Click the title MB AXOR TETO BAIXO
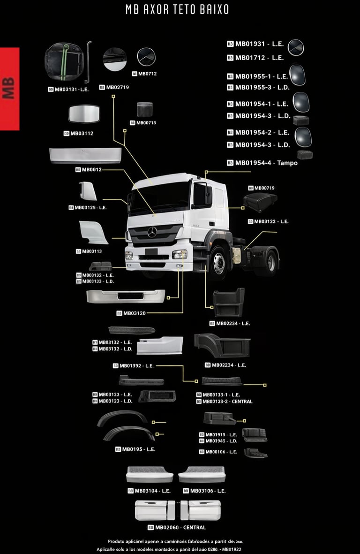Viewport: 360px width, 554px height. click(x=177, y=10)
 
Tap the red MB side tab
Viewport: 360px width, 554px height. click(x=9, y=89)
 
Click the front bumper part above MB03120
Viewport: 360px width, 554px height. click(x=125, y=296)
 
